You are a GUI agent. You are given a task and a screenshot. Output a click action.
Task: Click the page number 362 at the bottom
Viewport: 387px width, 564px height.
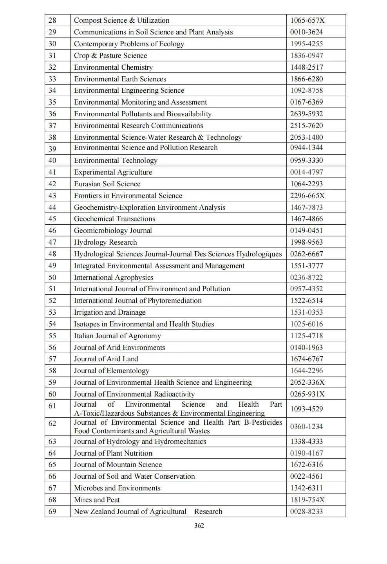tap(199, 525)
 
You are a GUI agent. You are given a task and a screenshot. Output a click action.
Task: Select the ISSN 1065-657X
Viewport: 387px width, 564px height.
tap(307, 20)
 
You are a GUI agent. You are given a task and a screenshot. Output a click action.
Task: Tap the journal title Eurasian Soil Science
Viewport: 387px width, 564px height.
tap(107, 184)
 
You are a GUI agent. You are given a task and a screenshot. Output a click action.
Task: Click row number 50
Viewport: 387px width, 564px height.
tap(52, 277)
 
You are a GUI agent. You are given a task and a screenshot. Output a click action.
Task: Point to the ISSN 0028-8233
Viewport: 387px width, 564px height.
tap(306, 512)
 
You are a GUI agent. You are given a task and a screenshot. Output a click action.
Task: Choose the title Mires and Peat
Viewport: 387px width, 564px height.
tap(97, 500)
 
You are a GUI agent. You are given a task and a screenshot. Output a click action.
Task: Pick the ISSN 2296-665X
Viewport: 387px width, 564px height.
tap(307, 196)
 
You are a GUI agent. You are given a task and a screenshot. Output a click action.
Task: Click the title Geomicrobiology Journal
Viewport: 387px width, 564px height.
tap(113, 231)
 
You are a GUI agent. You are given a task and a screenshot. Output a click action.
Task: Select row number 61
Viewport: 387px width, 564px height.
tap(52, 406)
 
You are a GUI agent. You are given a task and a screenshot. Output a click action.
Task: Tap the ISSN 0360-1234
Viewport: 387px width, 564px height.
tap(306, 427)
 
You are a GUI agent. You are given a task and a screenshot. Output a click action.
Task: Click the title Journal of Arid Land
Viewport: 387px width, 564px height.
tap(106, 359)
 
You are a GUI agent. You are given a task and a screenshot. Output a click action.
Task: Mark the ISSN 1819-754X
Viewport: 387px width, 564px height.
tap(307, 500)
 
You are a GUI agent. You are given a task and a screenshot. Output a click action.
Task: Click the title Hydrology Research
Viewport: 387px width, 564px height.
tap(105, 242)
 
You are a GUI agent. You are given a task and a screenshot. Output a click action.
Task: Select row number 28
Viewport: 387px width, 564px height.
tap(52, 20)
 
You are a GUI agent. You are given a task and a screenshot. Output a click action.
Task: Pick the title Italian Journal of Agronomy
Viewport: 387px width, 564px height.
tap(117, 336)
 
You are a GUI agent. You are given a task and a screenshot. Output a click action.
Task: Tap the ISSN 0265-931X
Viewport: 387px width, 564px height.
tap(307, 394)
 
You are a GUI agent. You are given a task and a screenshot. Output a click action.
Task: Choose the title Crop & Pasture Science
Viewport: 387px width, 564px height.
tap(110, 56)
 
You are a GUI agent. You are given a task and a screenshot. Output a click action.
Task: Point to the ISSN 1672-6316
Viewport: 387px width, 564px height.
tap(306, 465)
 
